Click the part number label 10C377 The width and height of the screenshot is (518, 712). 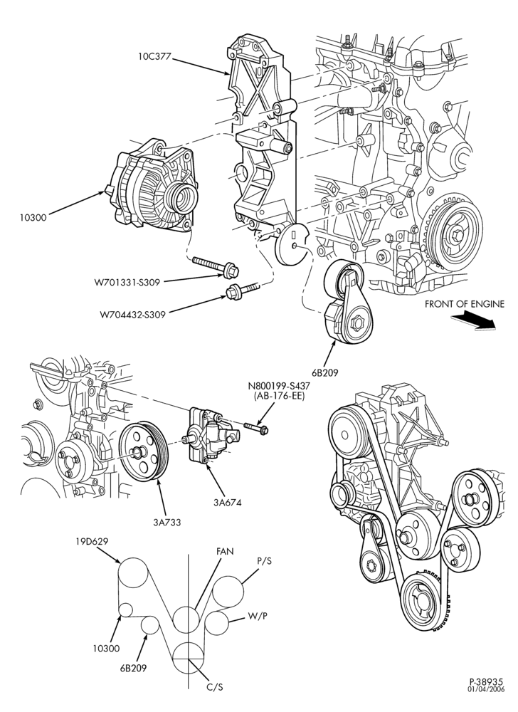[x=154, y=56]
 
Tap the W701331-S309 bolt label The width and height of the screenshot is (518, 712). [x=127, y=283]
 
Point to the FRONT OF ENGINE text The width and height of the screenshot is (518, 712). [x=464, y=304]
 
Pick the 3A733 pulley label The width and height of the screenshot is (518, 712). [x=167, y=522]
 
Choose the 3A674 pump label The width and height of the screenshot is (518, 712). [x=227, y=502]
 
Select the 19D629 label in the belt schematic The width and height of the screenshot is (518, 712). [x=92, y=541]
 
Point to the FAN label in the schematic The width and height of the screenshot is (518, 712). [x=225, y=552]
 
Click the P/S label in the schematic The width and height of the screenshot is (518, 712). [x=264, y=561]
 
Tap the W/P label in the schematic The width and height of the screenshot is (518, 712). [x=257, y=616]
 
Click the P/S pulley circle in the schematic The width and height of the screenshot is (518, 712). [x=228, y=592]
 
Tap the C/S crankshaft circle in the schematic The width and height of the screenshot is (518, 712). [x=189, y=659]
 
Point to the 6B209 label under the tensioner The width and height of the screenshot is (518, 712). [x=324, y=373]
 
